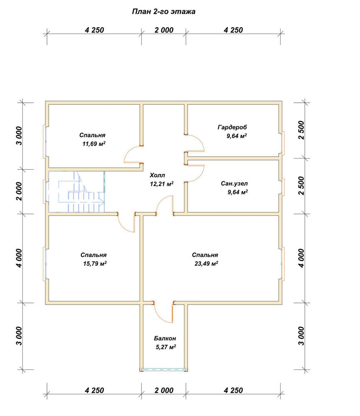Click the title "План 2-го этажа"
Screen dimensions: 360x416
(163, 12)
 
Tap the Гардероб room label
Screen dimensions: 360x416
(232, 127)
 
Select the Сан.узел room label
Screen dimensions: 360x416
(234, 183)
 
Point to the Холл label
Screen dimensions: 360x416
(157, 176)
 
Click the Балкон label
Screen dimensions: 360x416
(165, 339)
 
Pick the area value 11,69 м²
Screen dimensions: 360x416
(94, 144)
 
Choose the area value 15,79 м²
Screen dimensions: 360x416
(95, 264)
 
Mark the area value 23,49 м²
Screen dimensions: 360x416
(206, 264)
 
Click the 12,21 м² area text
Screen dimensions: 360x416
(162, 184)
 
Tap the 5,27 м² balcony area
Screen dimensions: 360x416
(166, 347)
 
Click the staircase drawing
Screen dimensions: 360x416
(76, 192)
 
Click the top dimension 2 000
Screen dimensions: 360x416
(164, 30)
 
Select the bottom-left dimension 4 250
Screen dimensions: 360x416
(94, 391)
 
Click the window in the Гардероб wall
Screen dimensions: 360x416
(283, 143)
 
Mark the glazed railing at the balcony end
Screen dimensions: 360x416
(164, 369)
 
